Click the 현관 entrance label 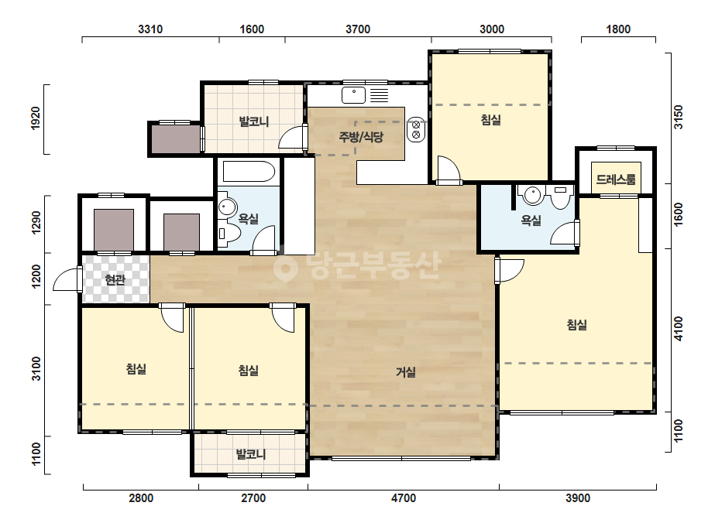[115, 279]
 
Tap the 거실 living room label [405, 372]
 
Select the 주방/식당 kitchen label [361, 137]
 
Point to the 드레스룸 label [616, 179]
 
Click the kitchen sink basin [354, 95]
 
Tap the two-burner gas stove [416, 129]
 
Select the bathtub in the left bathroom [249, 172]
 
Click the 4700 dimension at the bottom [403, 498]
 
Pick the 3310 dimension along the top [150, 29]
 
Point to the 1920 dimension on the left [35, 118]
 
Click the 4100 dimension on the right [679, 328]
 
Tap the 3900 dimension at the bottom [578, 498]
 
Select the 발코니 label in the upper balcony [254, 121]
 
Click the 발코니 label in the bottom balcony [250, 454]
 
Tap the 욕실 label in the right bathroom [531, 220]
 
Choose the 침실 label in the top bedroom [490, 120]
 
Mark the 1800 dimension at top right [618, 29]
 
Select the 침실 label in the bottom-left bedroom [136, 368]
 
